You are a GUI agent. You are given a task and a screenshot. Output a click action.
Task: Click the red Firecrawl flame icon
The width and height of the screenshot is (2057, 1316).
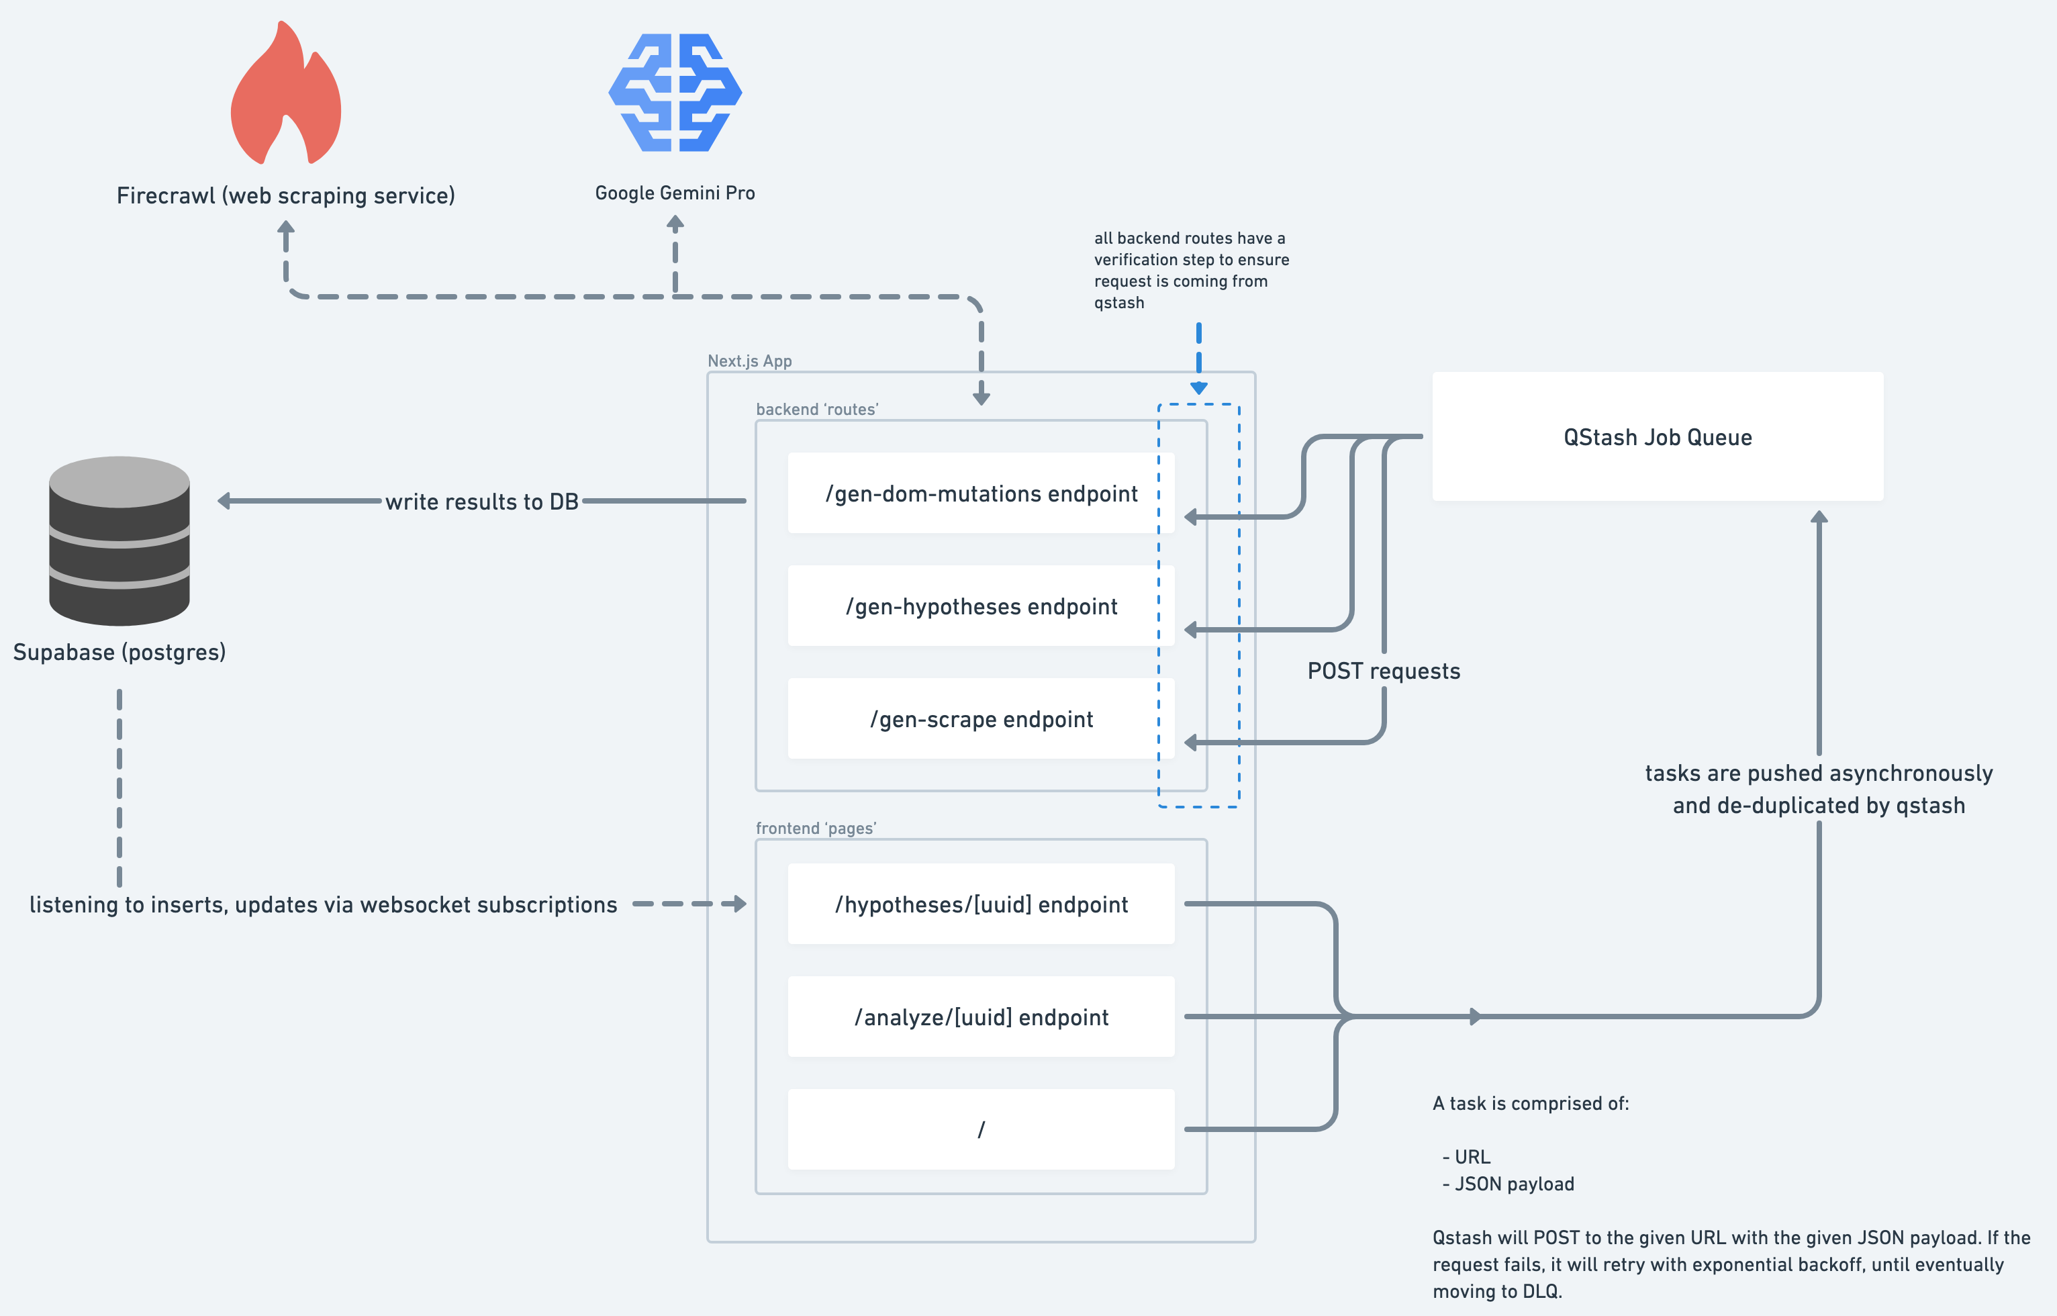[286, 94]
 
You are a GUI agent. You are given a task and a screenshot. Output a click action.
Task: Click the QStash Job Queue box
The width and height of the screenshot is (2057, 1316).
[1658, 436]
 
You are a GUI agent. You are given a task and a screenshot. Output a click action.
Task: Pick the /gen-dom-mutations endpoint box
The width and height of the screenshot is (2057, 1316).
[981, 493]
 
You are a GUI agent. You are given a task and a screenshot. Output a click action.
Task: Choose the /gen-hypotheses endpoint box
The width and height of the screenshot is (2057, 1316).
[981, 606]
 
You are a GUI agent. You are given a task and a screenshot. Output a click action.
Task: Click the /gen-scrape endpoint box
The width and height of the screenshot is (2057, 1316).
[981, 718]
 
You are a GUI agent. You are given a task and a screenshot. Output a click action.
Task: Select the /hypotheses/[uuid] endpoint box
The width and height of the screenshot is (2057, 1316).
[981, 904]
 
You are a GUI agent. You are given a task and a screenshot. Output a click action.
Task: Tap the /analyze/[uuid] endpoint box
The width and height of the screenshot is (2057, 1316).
[981, 1017]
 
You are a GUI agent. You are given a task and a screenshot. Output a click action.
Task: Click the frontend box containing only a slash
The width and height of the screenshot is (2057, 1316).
[981, 1129]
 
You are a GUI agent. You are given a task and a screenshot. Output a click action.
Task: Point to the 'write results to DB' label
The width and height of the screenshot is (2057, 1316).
[482, 502]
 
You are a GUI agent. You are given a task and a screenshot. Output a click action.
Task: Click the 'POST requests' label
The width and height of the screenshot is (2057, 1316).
[1384, 671]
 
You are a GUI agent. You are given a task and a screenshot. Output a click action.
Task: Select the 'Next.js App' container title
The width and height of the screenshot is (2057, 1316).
[749, 361]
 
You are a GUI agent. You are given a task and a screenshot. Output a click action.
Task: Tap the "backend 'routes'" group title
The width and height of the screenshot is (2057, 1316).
[816, 410]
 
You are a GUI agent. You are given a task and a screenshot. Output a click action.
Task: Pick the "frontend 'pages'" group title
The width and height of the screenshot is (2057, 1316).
[816, 828]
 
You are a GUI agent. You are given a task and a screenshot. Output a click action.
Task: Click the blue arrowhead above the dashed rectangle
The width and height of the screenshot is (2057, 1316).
[1198, 388]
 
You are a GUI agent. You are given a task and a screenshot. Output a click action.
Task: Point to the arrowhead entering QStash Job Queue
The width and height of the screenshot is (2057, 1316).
[1819, 517]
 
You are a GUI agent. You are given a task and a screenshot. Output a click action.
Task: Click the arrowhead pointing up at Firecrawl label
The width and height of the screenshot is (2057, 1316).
[286, 228]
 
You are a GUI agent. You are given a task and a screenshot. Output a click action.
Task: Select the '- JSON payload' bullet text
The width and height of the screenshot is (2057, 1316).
[1509, 1184]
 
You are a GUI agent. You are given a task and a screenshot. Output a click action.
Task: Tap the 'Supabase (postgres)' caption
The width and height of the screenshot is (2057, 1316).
[119, 652]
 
